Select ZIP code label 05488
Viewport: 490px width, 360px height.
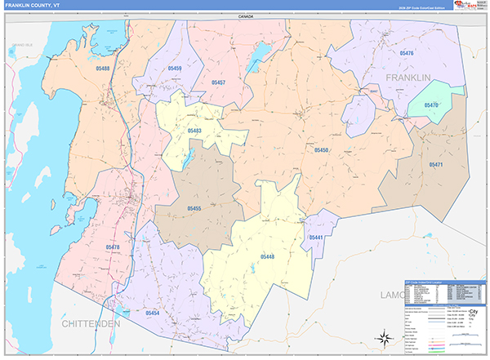tap(99, 69)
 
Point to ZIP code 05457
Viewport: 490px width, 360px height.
tap(216, 82)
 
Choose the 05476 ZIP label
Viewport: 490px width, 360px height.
tap(405, 53)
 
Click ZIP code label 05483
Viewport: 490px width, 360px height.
tap(195, 131)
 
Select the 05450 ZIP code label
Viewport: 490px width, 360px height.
tap(321, 150)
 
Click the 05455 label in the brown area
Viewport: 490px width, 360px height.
tap(194, 209)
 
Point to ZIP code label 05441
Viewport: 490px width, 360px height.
tap(316, 237)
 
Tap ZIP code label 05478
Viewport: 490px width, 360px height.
tap(112, 247)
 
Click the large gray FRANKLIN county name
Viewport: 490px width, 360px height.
tap(408, 78)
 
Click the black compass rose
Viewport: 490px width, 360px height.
tap(382, 337)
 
